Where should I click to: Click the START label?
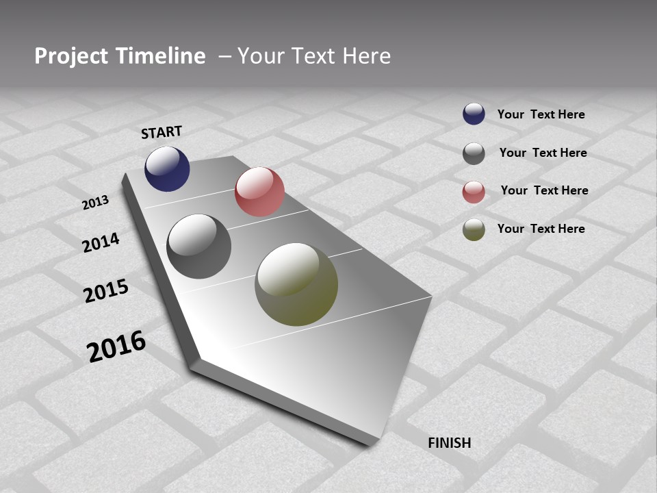(162, 132)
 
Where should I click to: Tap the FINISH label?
(450, 443)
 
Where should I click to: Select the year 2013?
(96, 202)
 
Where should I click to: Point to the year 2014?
(101, 242)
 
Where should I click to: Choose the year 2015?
(106, 291)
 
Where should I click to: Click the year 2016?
(116, 346)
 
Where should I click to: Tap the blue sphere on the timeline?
(167, 168)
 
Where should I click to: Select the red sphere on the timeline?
(259, 192)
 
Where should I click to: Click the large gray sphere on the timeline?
(199, 246)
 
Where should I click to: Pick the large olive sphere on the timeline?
(296, 284)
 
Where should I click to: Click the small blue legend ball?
(474, 114)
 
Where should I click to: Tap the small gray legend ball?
(474, 153)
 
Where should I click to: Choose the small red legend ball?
(474, 192)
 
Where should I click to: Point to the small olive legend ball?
(474, 229)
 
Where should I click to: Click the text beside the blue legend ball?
(541, 114)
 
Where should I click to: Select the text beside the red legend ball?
(544, 190)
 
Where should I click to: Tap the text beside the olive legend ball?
(541, 229)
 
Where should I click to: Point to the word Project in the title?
(70, 56)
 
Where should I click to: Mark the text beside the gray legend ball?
(543, 153)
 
